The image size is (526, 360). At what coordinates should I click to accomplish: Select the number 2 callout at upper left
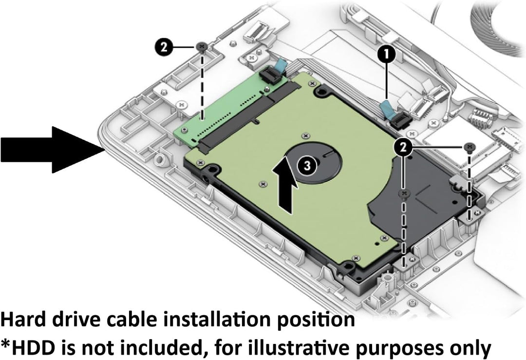(x=164, y=47)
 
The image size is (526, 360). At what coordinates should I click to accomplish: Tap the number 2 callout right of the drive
(x=403, y=147)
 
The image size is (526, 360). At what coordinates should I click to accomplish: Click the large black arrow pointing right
(x=52, y=150)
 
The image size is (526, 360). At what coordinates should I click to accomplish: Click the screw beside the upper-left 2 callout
(x=202, y=47)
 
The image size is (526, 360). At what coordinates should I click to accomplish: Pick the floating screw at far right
(x=470, y=147)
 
